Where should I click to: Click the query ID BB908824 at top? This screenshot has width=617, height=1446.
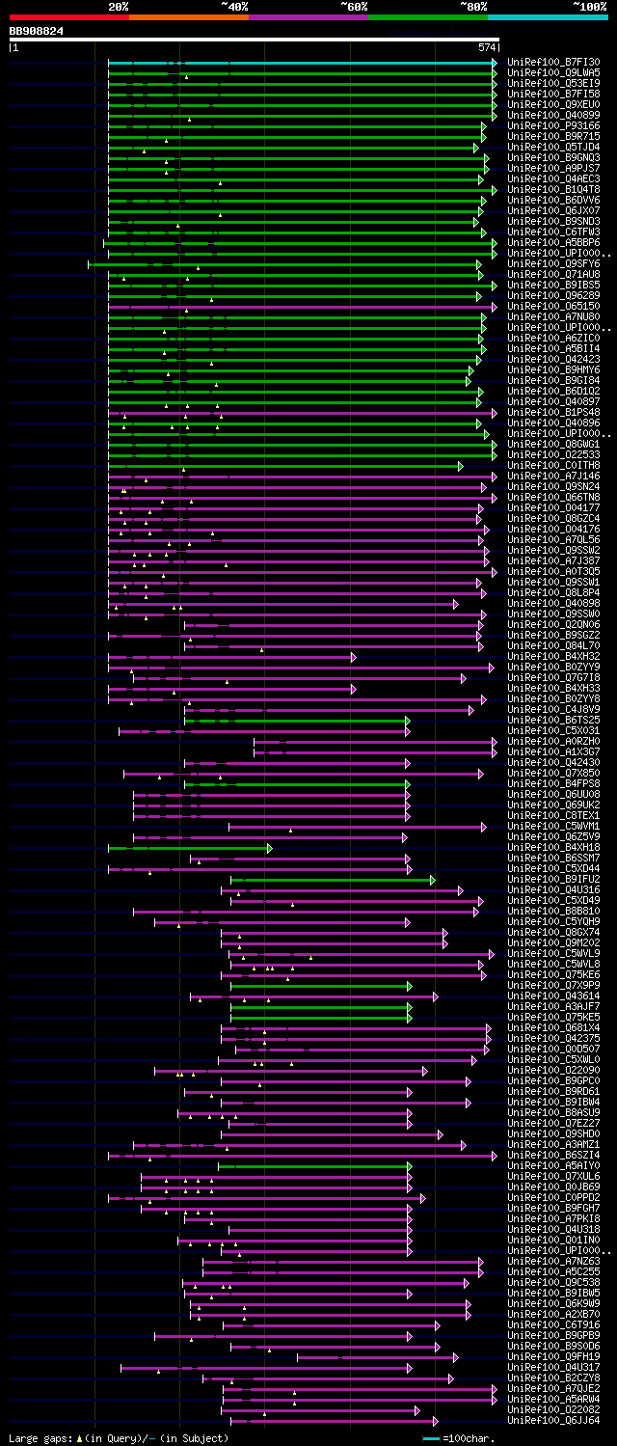tap(37, 31)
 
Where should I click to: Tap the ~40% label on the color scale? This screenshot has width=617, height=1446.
tap(234, 6)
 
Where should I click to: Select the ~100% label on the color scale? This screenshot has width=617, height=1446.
tap(590, 6)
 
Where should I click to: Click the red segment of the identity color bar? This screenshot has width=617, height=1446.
tap(68, 16)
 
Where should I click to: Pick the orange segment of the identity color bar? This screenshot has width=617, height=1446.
tap(188, 16)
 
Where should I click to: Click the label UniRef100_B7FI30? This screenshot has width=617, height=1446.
tap(552, 62)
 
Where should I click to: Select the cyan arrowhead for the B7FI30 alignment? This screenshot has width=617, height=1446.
tap(495, 63)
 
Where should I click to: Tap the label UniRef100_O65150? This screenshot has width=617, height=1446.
tap(552, 306)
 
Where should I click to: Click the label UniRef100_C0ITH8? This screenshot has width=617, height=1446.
tap(552, 465)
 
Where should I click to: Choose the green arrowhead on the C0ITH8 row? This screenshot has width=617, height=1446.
tap(461, 466)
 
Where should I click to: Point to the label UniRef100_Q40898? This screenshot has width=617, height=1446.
tap(552, 603)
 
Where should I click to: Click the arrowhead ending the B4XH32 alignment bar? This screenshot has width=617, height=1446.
tap(354, 657)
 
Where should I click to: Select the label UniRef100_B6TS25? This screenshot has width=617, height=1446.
tap(552, 720)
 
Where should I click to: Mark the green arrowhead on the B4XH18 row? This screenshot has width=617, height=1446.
tap(270, 848)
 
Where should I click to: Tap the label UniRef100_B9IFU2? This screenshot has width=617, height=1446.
tap(552, 879)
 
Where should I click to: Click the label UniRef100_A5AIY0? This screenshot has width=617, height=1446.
tap(552, 1165)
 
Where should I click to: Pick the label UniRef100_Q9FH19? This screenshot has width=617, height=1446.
tap(552, 1356)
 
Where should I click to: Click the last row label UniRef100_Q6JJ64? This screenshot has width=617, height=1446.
tap(552, 1420)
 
